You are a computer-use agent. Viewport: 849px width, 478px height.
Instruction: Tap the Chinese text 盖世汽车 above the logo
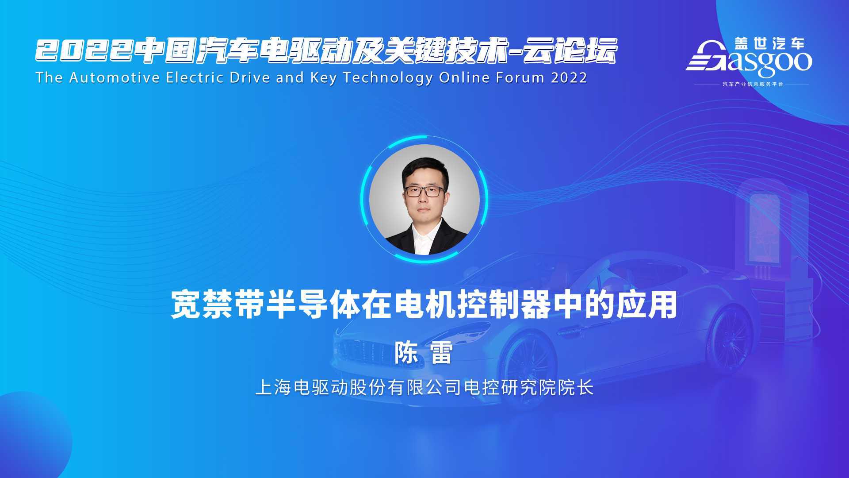pos(769,43)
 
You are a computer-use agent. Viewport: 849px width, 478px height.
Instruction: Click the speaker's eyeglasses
pos(424,191)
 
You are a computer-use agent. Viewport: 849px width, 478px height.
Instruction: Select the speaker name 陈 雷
pos(424,353)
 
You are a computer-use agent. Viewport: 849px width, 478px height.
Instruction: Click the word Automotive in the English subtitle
pos(115,77)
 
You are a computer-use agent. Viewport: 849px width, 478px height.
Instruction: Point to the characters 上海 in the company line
pos(273,388)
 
